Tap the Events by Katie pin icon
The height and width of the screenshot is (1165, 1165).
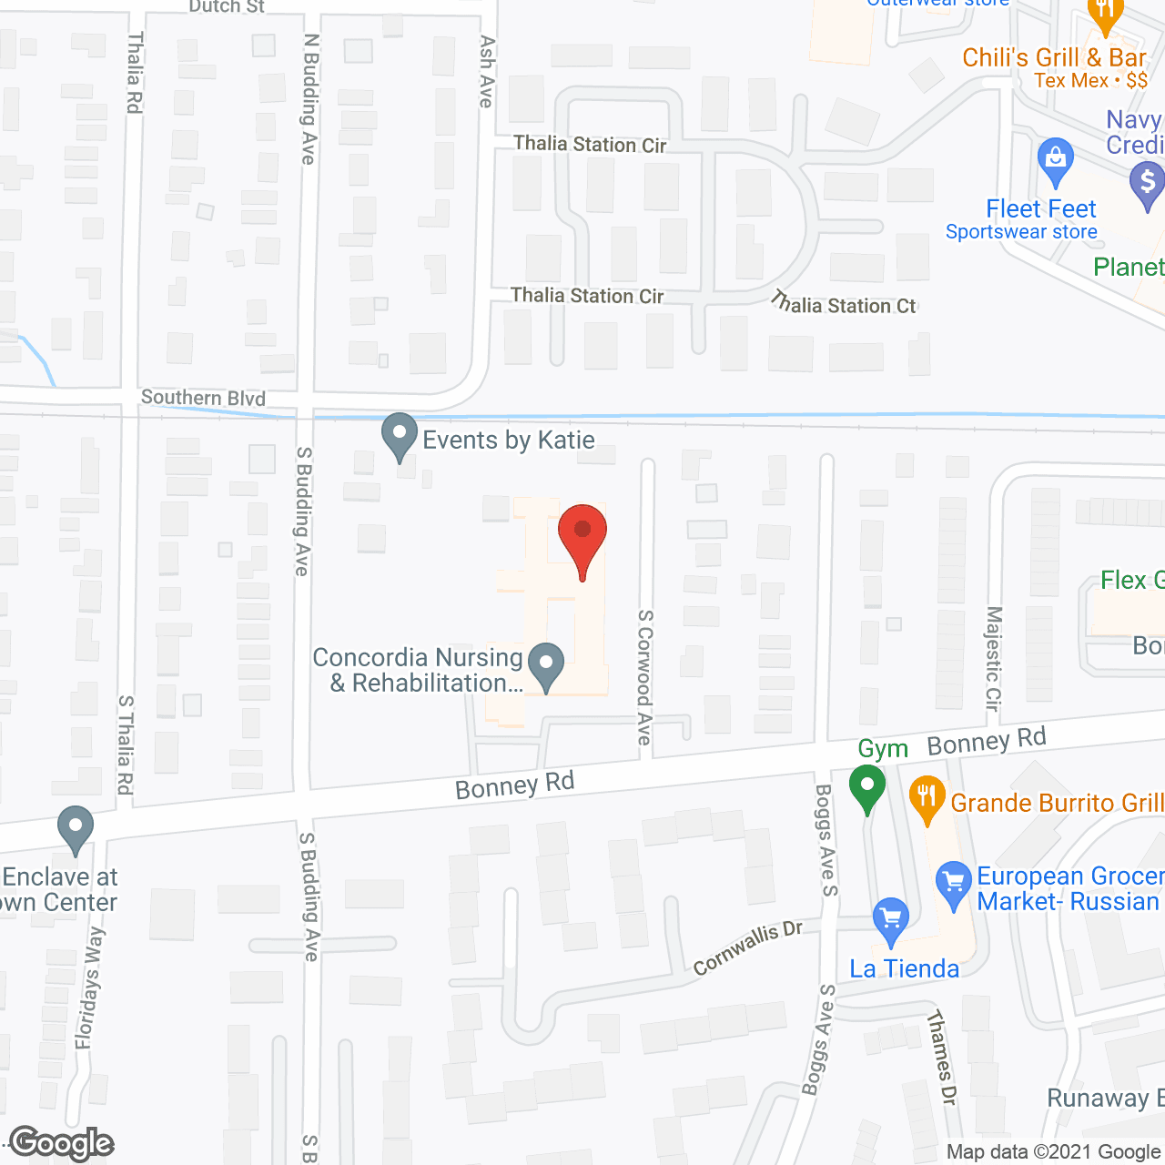(x=399, y=437)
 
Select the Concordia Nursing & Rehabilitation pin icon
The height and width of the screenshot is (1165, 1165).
(x=546, y=666)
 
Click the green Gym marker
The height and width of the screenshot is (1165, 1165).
(x=867, y=788)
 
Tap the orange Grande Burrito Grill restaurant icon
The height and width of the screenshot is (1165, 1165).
(x=927, y=800)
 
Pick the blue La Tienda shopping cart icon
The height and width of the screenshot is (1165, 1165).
(x=890, y=921)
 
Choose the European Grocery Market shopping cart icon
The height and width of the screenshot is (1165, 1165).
(x=954, y=886)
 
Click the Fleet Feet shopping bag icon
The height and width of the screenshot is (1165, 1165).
(x=1056, y=161)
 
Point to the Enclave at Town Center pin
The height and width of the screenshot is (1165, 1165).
(x=75, y=830)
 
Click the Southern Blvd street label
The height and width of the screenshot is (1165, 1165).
(x=203, y=398)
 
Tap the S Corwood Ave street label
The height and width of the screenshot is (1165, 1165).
(x=645, y=677)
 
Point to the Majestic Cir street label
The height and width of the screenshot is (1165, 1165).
(x=993, y=658)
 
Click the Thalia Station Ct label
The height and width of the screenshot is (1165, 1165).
(x=844, y=303)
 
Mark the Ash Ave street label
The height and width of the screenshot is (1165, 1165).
(x=487, y=72)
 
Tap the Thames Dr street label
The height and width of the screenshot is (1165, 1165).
(x=941, y=1058)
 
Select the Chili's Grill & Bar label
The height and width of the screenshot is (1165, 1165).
(x=1054, y=58)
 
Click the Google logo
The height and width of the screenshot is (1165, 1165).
(x=62, y=1143)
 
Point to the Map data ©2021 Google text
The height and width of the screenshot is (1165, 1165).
(x=1053, y=1152)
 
